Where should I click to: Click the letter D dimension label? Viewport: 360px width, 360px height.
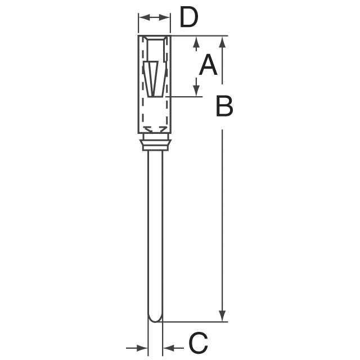click(189, 17)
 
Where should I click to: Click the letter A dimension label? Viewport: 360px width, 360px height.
click(208, 65)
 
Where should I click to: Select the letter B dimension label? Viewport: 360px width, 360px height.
click(224, 106)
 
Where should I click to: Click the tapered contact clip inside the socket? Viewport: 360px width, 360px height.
click(153, 79)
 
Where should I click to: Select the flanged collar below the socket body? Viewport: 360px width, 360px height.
click(155, 142)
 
